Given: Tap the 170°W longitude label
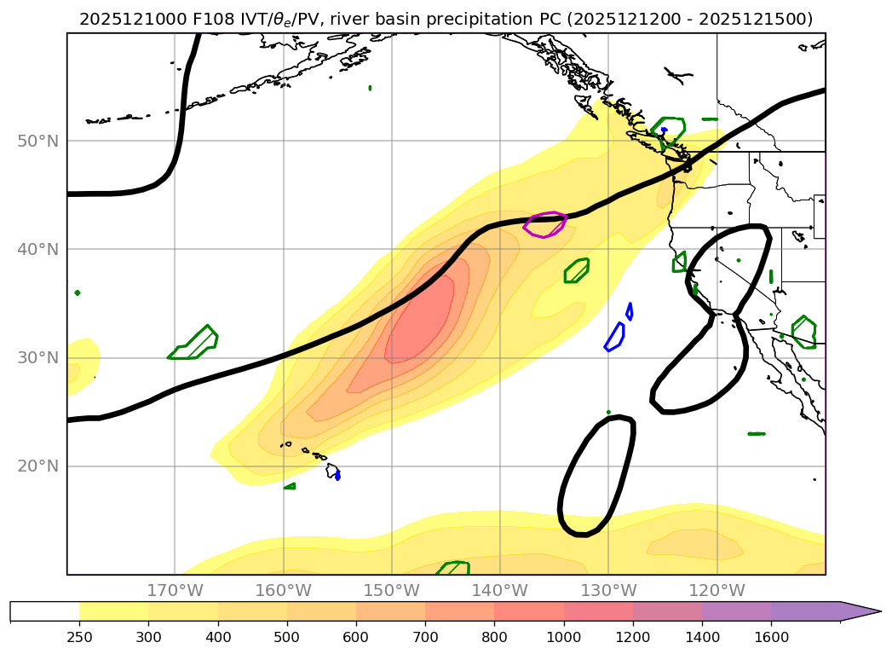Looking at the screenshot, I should coord(175,590).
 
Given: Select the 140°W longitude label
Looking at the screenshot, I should coord(499,590).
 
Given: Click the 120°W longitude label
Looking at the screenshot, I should coord(716,590).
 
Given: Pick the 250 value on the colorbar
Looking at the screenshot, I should coord(79,636).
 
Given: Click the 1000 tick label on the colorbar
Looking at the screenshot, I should coord(563,636).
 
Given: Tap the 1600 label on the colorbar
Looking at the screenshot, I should coord(771,636).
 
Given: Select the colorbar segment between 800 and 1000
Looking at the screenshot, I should coord(528,611).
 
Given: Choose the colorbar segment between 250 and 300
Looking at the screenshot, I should coord(113,611).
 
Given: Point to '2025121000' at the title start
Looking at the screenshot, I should coord(124,19).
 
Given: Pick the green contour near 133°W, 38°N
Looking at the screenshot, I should coord(577,271).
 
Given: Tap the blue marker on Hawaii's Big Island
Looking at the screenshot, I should coord(338,475).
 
